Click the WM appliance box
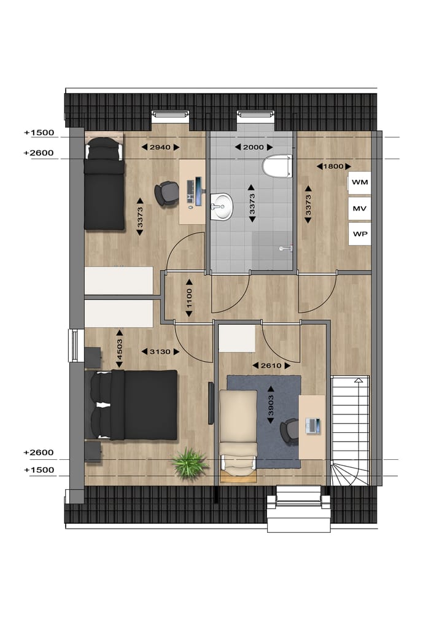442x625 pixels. (x=359, y=182)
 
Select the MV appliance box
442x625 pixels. (x=359, y=209)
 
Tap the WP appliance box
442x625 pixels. (x=359, y=234)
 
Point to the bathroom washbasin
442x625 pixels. (x=222, y=206)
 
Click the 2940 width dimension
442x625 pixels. (x=160, y=147)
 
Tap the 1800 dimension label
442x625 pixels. (x=334, y=166)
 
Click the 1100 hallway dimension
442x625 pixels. (x=189, y=299)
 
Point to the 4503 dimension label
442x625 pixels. (x=120, y=349)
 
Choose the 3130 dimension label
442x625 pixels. (x=160, y=352)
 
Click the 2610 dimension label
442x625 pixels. (x=270, y=365)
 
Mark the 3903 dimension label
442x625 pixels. (x=271, y=405)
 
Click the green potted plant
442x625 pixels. (x=189, y=462)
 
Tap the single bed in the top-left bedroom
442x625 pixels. (x=104, y=184)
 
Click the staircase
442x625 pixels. (x=351, y=430)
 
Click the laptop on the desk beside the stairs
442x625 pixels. (x=314, y=425)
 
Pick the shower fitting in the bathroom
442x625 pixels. (x=284, y=249)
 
